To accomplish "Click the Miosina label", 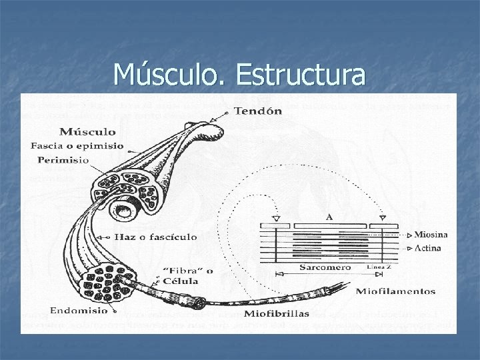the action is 431,235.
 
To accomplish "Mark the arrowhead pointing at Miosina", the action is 409,235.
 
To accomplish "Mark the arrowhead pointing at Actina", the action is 409,248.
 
